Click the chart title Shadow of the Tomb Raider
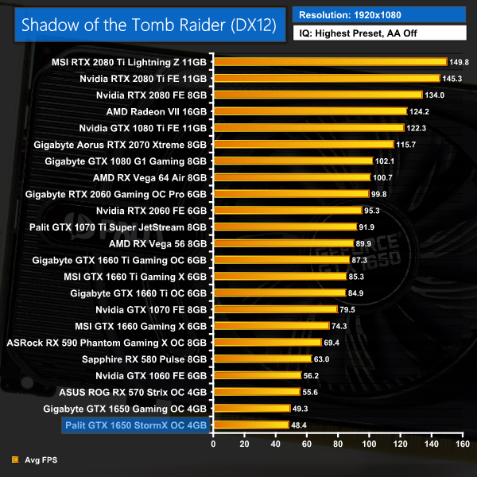(x=148, y=24)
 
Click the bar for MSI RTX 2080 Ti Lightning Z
(x=331, y=62)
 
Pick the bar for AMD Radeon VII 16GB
(x=311, y=111)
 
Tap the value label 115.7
(x=405, y=145)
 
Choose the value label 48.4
(x=299, y=425)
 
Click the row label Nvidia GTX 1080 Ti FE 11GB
(x=143, y=128)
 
